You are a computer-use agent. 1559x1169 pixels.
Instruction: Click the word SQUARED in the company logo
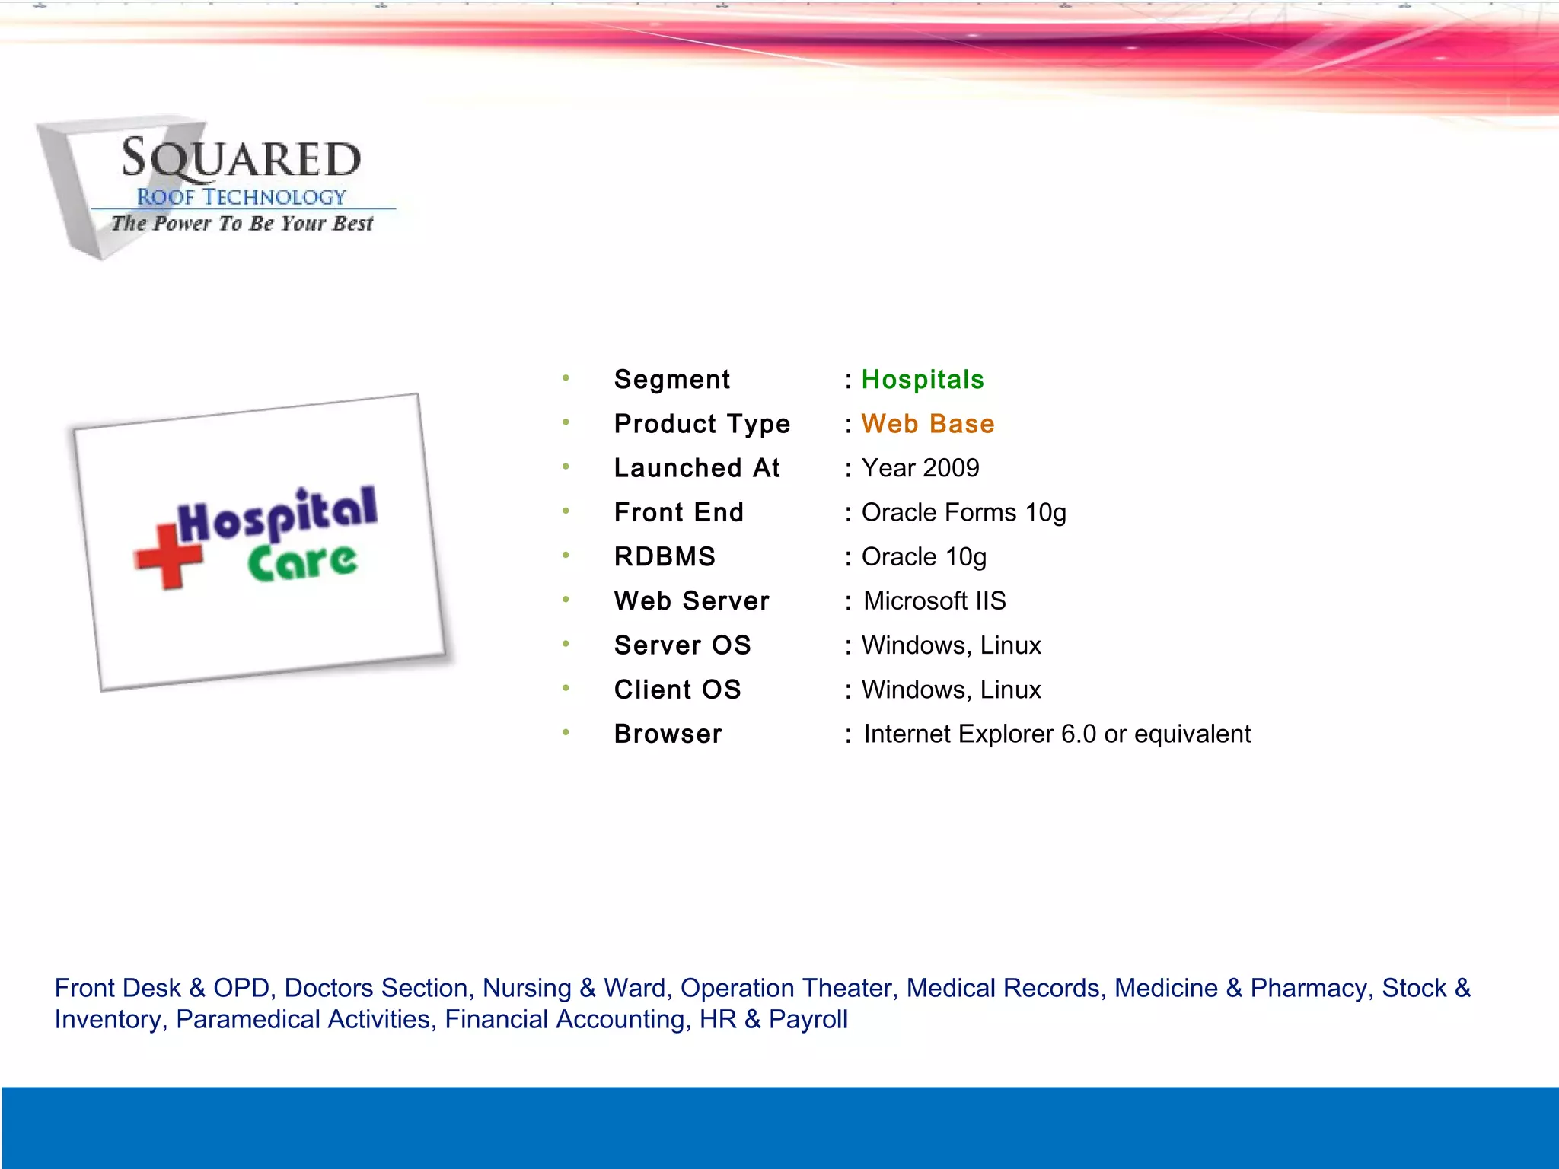241,159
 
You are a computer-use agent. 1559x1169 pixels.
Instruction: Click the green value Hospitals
923,380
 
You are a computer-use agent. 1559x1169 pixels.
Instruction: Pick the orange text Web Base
928,424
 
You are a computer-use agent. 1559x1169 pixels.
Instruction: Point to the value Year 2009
920,468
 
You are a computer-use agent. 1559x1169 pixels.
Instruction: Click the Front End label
679,513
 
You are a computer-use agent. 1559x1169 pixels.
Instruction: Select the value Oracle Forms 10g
964,513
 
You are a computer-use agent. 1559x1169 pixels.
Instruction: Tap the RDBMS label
665,557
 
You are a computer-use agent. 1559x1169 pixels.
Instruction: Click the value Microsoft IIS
935,601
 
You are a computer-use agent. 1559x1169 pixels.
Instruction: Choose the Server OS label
683,645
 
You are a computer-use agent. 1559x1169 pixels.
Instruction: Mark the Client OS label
677,690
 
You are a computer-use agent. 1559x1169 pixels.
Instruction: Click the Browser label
668,734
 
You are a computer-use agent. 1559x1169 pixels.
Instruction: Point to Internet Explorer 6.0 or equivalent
1057,734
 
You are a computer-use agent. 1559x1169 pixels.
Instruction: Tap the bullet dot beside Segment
566,377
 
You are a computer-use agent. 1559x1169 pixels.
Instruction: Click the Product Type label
703,424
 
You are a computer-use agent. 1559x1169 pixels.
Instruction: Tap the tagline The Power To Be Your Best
242,224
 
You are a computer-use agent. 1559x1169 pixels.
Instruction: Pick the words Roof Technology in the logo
241,197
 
